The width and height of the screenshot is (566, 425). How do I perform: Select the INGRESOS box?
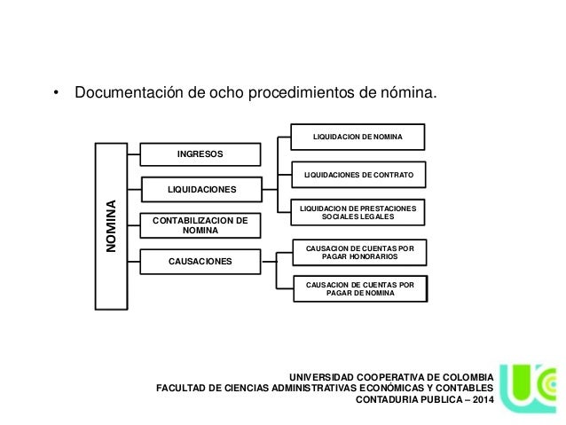click(x=200, y=154)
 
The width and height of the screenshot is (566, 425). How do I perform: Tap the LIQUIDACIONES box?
click(x=200, y=189)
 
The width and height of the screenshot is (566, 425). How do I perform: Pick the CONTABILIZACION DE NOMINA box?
click(x=200, y=224)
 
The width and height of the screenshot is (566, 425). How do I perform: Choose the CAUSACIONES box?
click(x=200, y=262)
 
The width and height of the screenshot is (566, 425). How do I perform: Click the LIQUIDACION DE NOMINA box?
click(x=358, y=137)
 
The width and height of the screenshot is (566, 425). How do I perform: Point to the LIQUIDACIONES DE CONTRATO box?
click(x=358, y=176)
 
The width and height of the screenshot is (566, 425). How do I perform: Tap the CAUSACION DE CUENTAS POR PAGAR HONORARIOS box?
click(x=358, y=251)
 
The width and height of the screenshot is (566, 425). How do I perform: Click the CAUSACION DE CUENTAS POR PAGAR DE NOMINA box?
click(x=358, y=288)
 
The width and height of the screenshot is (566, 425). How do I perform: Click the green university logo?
click(x=530, y=389)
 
